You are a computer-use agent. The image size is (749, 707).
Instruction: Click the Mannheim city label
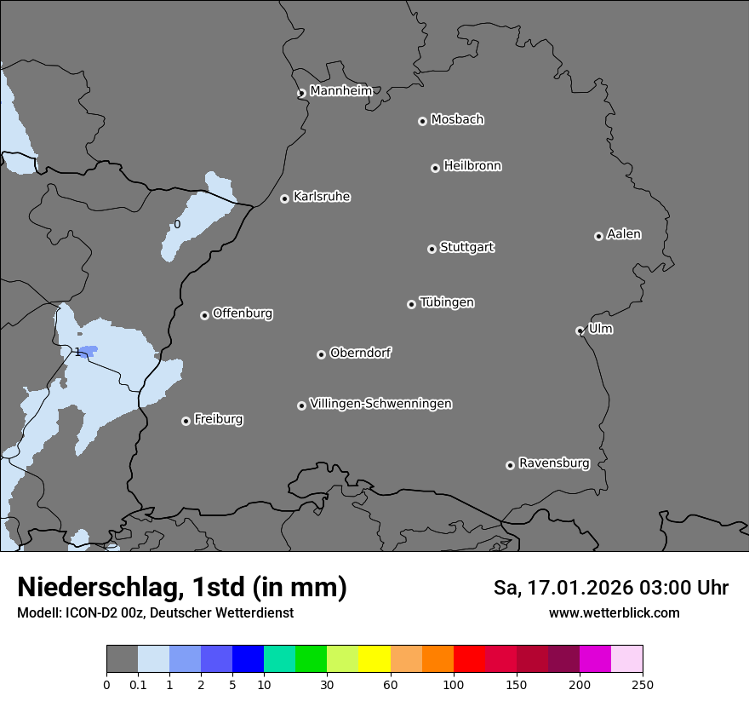340,91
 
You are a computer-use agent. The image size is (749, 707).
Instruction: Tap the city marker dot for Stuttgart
432,249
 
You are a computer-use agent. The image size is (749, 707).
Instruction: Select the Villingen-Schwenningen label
380,404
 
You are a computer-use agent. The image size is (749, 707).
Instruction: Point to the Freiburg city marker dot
186,421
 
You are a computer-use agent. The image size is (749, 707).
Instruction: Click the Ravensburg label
553,463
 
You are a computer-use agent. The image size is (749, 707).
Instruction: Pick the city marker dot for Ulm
580,331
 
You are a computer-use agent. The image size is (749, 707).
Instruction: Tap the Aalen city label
624,234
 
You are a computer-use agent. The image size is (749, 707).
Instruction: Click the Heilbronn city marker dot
435,168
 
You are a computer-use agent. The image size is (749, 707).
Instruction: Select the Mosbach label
457,120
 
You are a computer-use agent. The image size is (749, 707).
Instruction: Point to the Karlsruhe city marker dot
284,198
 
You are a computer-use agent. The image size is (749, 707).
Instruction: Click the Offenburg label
243,313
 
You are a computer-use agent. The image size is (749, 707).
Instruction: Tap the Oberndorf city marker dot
321,354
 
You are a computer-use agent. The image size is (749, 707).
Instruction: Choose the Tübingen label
447,302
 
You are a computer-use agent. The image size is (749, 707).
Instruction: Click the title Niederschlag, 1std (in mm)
182,587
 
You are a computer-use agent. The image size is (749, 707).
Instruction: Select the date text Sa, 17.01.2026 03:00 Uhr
610,588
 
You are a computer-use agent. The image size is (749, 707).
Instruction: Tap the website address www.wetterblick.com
614,612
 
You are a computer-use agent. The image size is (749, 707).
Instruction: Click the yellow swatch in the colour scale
374,659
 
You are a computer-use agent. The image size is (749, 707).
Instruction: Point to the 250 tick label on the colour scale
643,684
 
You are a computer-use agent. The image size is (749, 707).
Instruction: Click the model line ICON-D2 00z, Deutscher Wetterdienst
155,612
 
